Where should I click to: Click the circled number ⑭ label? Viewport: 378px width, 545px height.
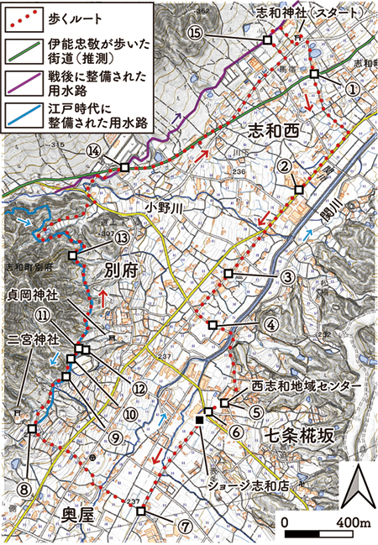point(94,150)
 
